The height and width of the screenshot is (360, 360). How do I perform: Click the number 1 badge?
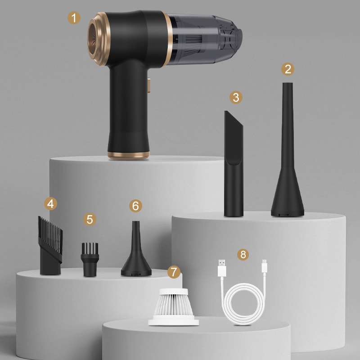[x=74, y=18]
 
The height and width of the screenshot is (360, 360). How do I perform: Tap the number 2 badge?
[x=288, y=69]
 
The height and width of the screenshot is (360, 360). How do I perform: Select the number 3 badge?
[x=235, y=97]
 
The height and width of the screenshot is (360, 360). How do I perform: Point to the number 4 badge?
[x=51, y=204]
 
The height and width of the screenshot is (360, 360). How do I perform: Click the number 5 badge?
[x=90, y=220]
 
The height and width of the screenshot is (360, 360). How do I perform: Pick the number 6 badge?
[x=135, y=206]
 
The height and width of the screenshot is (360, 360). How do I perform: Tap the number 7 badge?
[x=174, y=272]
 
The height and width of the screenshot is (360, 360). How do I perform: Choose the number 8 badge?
[x=243, y=254]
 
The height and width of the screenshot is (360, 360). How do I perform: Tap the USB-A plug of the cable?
[x=221, y=269]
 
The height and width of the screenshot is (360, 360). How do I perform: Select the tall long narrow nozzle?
[x=287, y=157]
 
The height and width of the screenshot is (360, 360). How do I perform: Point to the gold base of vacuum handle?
[x=128, y=154]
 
